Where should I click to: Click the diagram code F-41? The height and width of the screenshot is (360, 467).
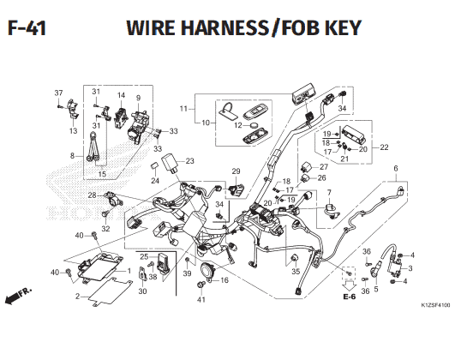(27, 28)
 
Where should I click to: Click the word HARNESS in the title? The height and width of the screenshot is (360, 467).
(225, 27)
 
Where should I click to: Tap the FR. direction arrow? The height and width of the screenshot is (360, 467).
(18, 296)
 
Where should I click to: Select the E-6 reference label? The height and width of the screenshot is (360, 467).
(350, 297)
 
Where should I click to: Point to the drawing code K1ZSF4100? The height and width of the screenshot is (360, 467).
(436, 305)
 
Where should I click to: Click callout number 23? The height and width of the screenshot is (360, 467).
(189, 161)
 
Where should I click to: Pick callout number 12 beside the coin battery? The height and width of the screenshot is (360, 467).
(238, 125)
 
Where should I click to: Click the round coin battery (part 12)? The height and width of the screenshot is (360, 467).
(254, 125)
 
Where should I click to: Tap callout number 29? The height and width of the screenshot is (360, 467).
(236, 171)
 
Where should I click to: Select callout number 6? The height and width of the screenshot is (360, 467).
(396, 168)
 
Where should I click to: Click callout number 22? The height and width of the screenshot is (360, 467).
(384, 147)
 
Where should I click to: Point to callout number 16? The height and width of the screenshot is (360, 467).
(225, 280)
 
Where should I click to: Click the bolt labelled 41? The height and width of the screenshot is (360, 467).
(201, 285)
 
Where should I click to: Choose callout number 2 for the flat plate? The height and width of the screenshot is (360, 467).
(77, 297)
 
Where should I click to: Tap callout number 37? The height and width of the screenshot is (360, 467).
(58, 93)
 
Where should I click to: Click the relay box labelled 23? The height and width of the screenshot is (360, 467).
(170, 164)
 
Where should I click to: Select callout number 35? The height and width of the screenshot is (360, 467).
(296, 272)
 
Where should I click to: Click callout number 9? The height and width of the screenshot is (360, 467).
(138, 98)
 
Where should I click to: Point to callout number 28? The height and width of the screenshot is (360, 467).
(92, 195)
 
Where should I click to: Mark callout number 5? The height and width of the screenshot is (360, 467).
(376, 289)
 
